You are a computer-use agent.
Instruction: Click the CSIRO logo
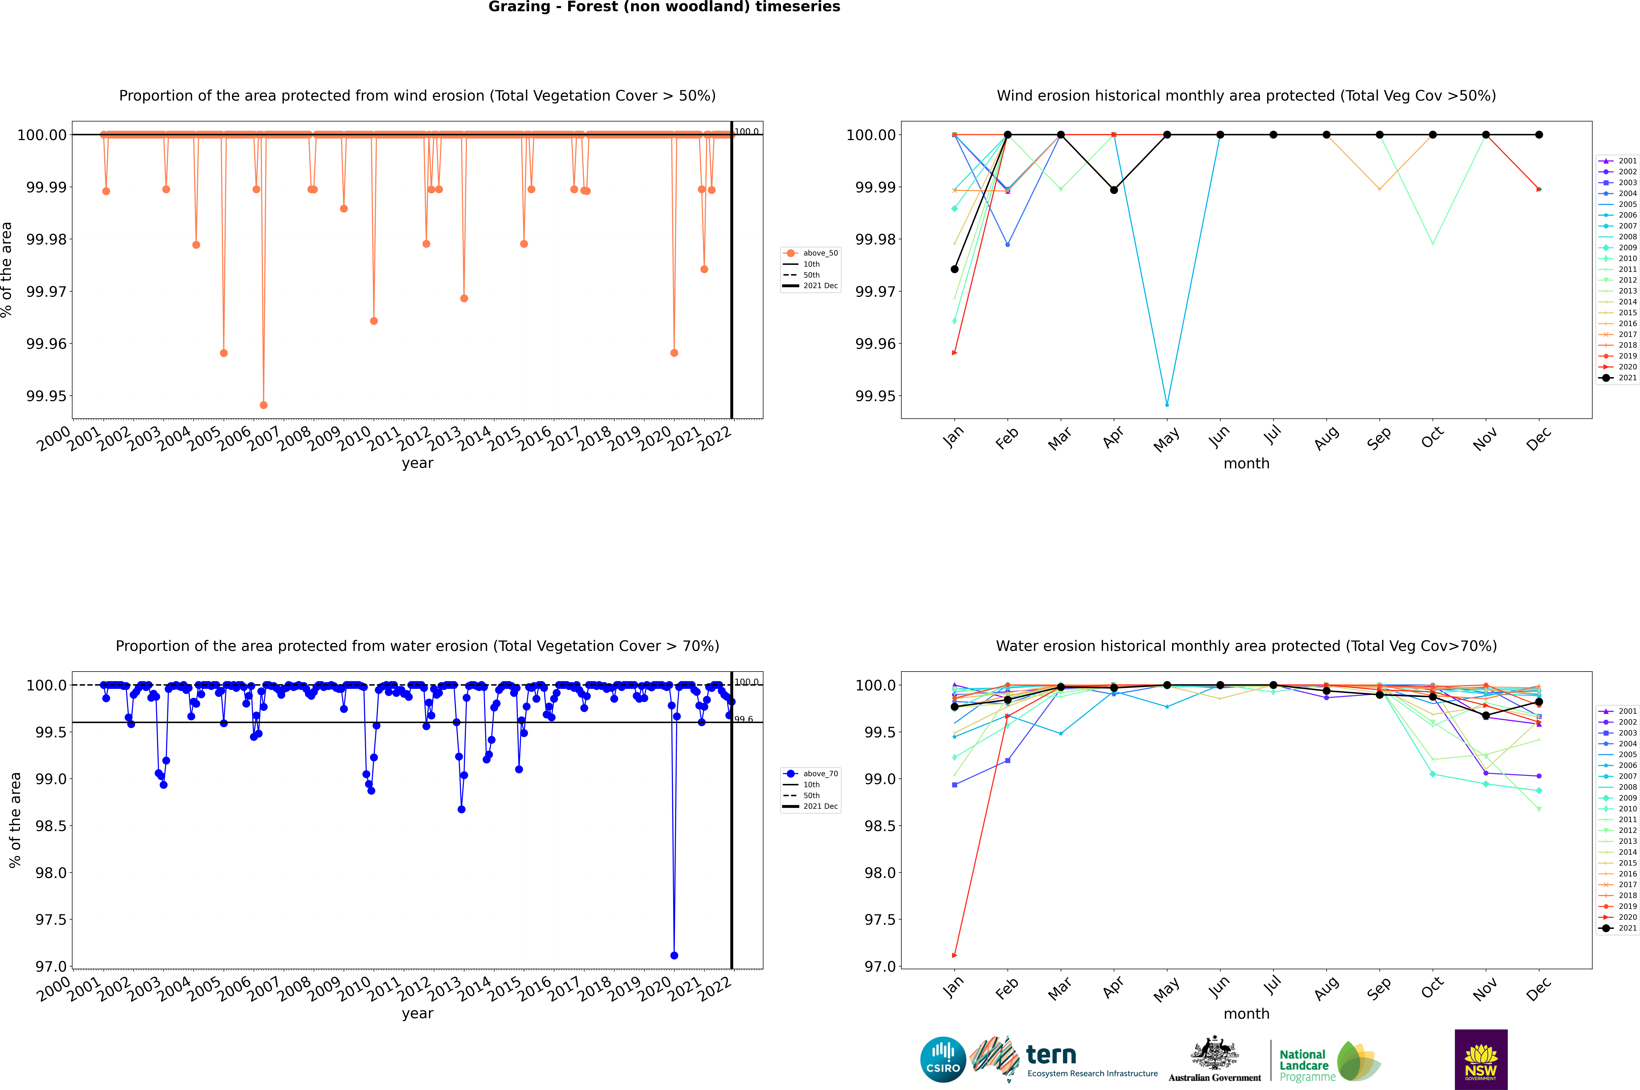point(943,1059)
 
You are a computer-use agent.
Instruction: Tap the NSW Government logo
point(1481,1059)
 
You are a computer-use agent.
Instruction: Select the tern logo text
point(1051,1055)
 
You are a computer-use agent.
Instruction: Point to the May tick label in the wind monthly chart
point(1167,439)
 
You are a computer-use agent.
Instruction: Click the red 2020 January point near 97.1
point(955,955)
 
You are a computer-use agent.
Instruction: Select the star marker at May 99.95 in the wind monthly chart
point(1167,405)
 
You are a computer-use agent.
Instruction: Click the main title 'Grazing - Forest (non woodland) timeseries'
point(664,7)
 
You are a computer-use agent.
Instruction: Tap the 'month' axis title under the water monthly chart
point(1246,1014)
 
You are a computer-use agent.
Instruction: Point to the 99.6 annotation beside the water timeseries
point(743,719)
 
